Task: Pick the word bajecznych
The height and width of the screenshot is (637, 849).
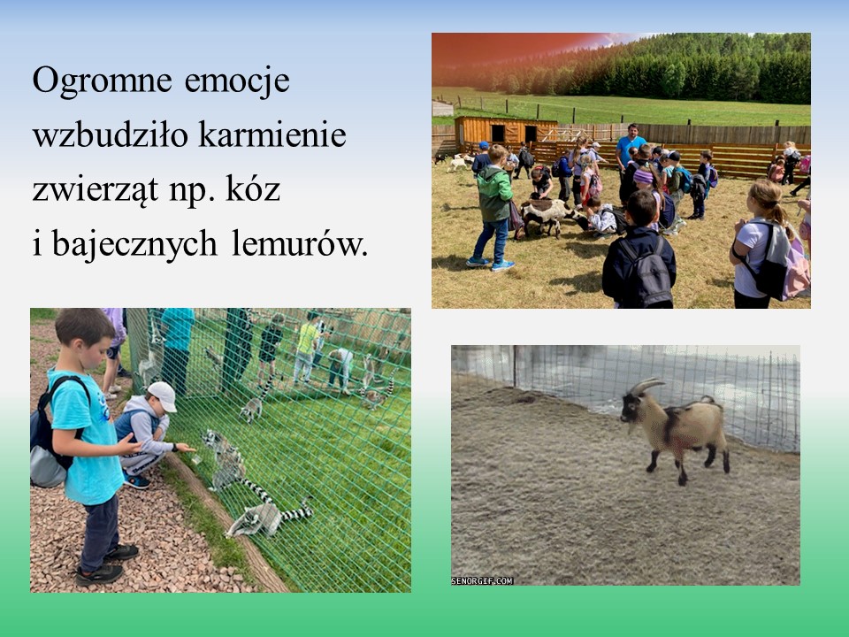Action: (134, 245)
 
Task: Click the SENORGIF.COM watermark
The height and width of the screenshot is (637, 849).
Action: (482, 580)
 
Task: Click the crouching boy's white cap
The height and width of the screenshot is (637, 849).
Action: (163, 395)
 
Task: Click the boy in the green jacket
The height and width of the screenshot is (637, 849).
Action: (493, 209)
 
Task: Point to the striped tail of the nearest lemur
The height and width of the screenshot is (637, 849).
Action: (296, 511)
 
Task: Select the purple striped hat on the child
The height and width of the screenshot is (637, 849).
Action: (644, 177)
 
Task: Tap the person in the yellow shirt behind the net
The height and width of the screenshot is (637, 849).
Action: (307, 347)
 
